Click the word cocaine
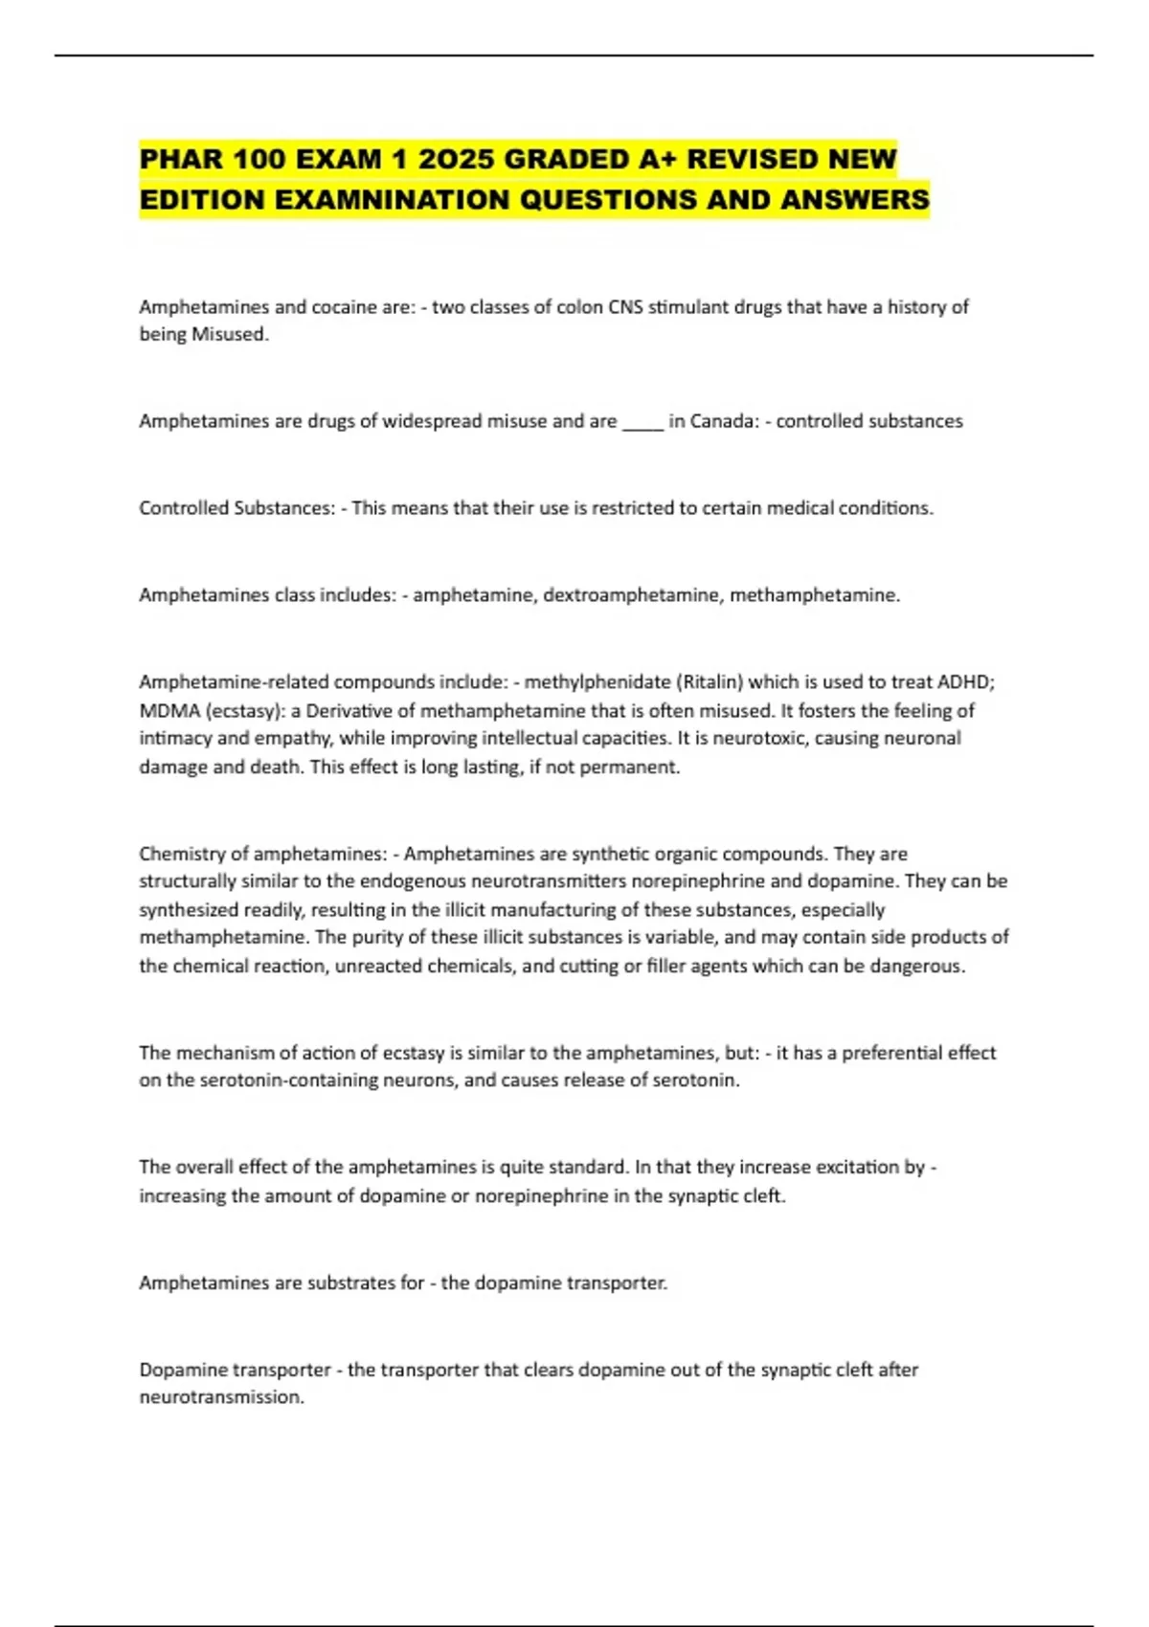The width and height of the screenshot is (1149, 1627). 347,307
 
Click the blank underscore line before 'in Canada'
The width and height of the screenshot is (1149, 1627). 642,422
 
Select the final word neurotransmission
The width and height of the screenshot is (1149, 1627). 221,1397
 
